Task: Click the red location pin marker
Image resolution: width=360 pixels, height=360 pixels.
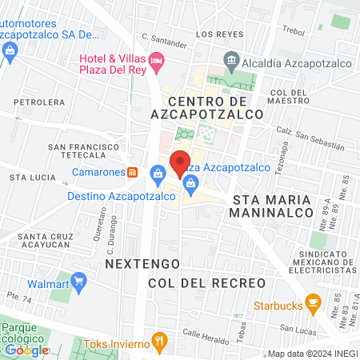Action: click(181, 162)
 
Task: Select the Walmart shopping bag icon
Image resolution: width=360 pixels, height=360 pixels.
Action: click(78, 282)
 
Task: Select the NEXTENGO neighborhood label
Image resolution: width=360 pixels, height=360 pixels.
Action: click(132, 263)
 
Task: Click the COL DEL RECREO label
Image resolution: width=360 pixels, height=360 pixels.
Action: click(206, 283)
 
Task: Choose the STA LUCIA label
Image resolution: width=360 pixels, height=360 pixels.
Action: click(30, 176)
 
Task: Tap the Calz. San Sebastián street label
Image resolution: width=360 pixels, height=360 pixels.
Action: click(310, 137)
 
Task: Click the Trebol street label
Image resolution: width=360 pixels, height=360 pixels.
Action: click(295, 30)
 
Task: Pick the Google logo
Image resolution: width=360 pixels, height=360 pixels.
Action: click(26, 350)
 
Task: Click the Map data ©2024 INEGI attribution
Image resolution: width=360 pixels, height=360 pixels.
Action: click(311, 354)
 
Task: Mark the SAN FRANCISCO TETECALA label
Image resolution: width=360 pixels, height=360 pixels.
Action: click(83, 152)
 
